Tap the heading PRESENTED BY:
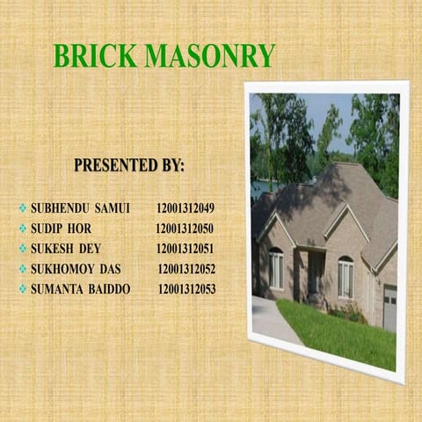point(128,165)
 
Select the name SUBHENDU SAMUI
point(80,209)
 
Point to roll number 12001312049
point(186,209)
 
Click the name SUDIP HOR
point(61,229)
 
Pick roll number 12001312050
point(185,229)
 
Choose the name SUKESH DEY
point(66,249)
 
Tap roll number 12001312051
point(185,249)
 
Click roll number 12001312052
point(186,269)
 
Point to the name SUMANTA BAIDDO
point(80,288)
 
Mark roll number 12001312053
point(186,288)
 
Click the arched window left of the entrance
point(276,269)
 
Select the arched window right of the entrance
point(346,277)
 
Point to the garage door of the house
point(389,308)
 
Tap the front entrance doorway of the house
point(313,273)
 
